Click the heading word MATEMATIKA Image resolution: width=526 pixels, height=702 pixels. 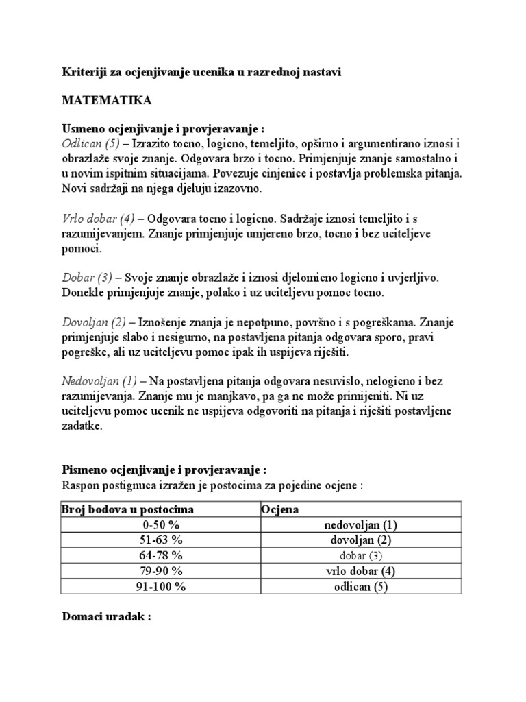[x=107, y=100]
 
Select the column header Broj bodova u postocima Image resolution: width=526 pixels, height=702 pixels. [x=127, y=509]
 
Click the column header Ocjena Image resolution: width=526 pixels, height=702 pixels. [x=280, y=509]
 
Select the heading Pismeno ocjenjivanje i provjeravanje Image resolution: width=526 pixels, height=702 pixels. [x=162, y=471]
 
